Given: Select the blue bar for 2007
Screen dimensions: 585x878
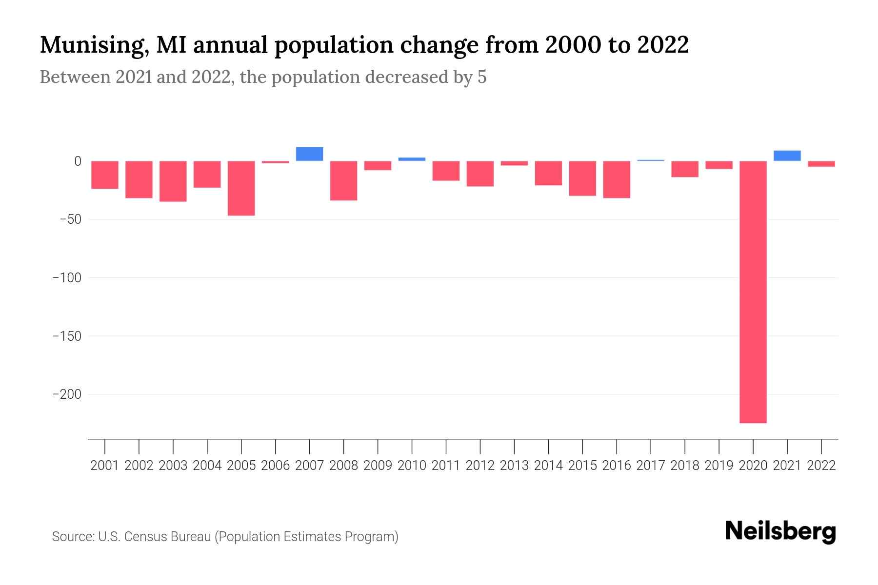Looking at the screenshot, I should click(x=309, y=154).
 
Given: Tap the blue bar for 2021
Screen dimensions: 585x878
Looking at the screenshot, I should click(x=787, y=156).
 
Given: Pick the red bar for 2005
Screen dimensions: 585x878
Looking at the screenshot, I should click(x=241, y=188).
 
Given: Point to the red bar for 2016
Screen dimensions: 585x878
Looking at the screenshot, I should click(x=617, y=179).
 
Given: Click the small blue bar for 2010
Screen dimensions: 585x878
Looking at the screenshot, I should click(x=412, y=159).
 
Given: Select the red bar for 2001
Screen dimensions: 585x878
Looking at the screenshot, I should click(x=105, y=175).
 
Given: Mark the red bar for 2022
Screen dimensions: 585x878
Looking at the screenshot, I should click(x=821, y=164).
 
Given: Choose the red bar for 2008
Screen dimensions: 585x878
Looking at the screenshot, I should click(x=343, y=180).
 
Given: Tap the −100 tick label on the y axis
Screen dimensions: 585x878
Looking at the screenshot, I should click(x=67, y=278).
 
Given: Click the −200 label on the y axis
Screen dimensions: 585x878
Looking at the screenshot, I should click(x=67, y=394).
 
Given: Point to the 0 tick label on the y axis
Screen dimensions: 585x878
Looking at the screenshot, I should click(x=78, y=161).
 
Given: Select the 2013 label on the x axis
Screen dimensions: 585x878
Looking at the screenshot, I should click(x=514, y=466).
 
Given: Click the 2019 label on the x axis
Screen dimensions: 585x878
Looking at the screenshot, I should click(x=718, y=466).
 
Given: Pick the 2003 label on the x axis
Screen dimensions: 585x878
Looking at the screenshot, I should click(x=173, y=466).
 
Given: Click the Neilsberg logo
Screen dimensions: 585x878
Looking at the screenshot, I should click(x=780, y=532).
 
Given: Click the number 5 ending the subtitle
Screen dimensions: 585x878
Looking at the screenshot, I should click(x=482, y=78).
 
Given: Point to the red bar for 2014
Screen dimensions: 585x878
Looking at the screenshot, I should click(x=548, y=173).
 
